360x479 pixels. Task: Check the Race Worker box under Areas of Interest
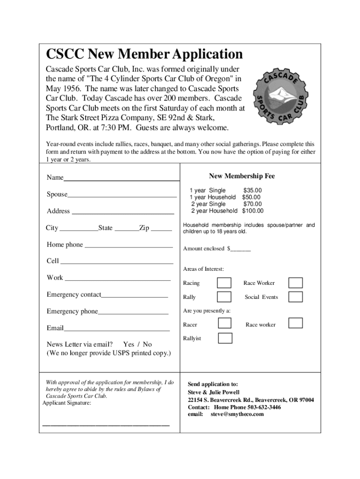(295, 283)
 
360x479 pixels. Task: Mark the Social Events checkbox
(295, 297)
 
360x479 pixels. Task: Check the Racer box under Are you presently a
(225, 323)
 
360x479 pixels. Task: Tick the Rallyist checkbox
(225, 338)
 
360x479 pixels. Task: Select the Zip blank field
(161, 229)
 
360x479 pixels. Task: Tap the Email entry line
(116, 329)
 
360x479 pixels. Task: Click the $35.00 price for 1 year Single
(252, 190)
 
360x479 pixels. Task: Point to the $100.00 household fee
(252, 211)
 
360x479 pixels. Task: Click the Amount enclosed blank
(241, 249)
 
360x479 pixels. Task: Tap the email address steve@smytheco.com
(237, 414)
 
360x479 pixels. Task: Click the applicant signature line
(106, 425)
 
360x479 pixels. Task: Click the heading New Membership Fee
(242, 176)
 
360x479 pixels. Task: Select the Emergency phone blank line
(133, 313)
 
